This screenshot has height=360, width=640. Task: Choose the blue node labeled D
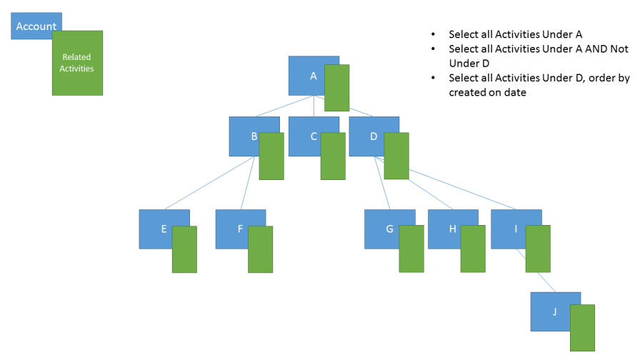[366, 136]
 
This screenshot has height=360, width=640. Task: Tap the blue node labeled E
[156, 229]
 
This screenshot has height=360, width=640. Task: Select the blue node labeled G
[382, 229]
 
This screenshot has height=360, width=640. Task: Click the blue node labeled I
[508, 229]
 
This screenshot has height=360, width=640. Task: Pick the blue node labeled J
[551, 311]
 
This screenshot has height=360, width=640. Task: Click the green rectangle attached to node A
[336, 88]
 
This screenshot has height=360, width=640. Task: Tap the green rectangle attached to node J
[582, 328]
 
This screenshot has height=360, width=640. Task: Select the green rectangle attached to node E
[184, 249]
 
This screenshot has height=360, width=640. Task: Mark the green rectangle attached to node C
[333, 156]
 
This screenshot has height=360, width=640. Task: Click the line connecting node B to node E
[214, 183]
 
